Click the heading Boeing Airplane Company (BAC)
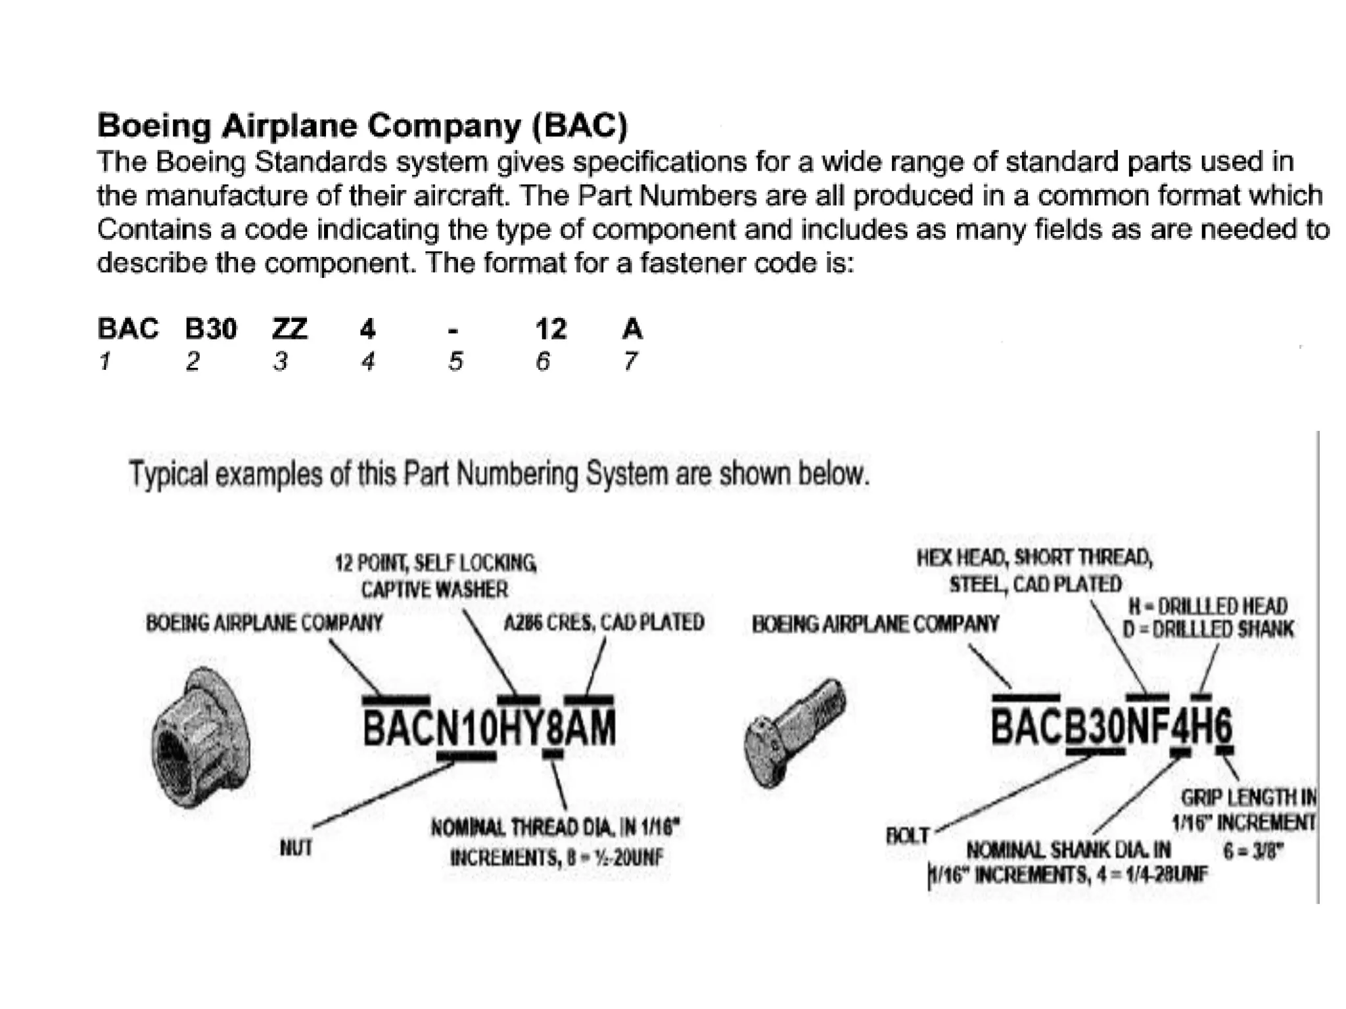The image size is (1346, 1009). tap(362, 125)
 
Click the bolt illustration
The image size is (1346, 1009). tap(795, 730)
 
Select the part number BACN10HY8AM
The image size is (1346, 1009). tap(490, 729)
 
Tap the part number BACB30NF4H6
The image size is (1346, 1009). tap(1111, 727)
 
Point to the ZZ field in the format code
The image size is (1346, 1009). tap(290, 328)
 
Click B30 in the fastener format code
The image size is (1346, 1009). tap(211, 328)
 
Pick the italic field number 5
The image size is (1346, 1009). tap(455, 361)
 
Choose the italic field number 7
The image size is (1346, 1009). tap(630, 361)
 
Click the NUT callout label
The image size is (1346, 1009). tap(296, 848)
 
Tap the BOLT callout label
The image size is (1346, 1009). tap(908, 836)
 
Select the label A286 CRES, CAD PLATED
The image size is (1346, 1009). tap(604, 622)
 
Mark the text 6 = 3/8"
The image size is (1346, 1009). tap(1253, 851)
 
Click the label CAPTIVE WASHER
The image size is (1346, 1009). tap(434, 589)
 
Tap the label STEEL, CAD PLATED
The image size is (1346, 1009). tap(1035, 584)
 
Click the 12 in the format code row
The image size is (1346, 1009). tap(551, 328)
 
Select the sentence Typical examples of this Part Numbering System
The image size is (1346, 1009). tap(499, 474)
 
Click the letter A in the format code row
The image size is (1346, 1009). tap(632, 328)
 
